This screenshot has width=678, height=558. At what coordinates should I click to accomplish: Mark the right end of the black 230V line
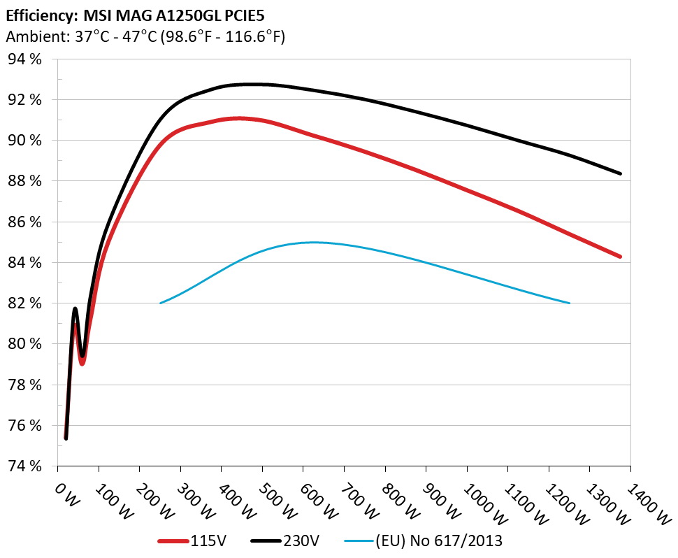coord(621,173)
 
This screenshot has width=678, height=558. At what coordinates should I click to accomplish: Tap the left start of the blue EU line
coord(161,303)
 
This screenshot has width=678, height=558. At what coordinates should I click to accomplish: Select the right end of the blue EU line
coord(570,303)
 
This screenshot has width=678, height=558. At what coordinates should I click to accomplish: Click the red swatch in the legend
coord(173,541)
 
